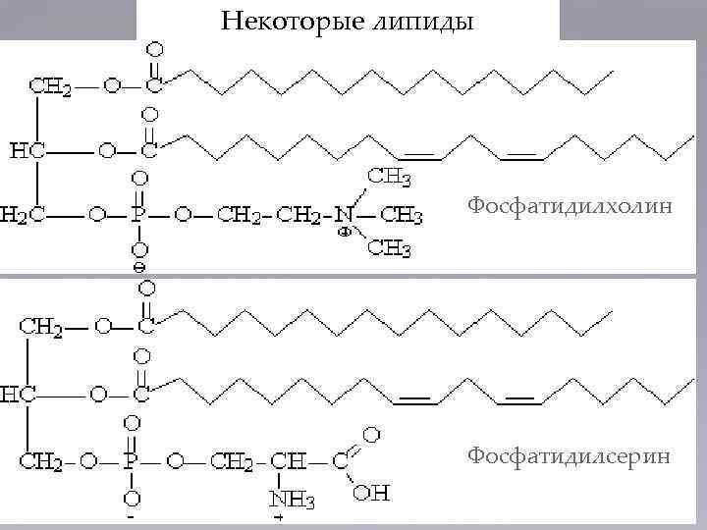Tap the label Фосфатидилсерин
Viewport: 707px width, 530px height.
(x=570, y=455)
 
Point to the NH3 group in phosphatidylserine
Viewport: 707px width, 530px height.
(x=292, y=500)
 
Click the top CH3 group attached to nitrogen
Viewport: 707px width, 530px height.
(x=389, y=178)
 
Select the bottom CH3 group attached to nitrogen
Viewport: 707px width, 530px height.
(x=389, y=249)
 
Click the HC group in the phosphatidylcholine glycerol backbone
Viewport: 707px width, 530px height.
(x=26, y=152)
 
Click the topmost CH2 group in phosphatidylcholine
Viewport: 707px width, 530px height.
(x=50, y=85)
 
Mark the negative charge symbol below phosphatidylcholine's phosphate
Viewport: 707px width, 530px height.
(x=139, y=266)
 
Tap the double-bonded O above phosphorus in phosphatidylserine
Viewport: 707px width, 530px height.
(x=133, y=422)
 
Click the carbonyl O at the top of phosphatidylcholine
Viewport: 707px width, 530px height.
(x=155, y=47)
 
